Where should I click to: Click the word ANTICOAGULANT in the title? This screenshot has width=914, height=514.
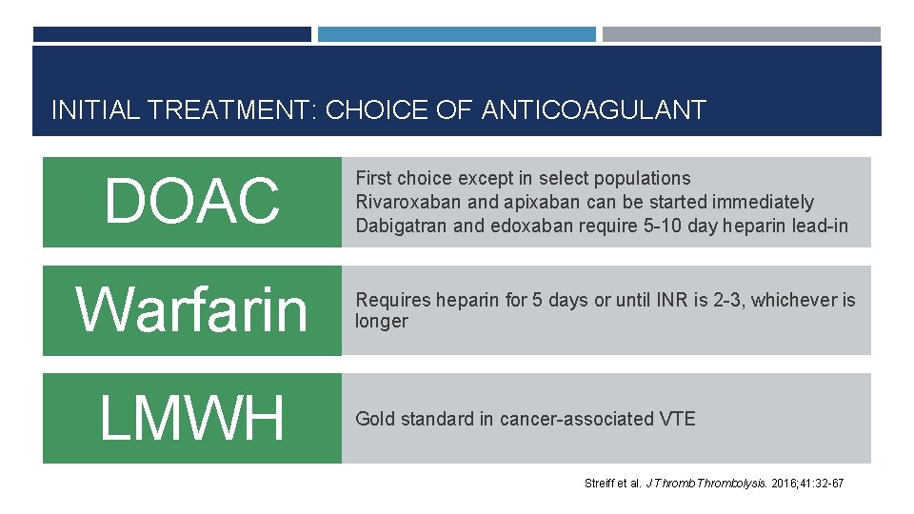(594, 110)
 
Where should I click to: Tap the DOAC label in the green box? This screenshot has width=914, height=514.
(192, 202)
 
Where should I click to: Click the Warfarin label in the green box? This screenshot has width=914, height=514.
(192, 310)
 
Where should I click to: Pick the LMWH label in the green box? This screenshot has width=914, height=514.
(192, 419)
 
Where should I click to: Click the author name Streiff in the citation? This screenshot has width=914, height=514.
(600, 484)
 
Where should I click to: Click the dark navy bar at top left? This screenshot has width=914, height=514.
(172, 34)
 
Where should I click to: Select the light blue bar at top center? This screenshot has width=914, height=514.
(456, 34)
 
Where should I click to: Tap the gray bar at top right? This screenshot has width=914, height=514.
(742, 34)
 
